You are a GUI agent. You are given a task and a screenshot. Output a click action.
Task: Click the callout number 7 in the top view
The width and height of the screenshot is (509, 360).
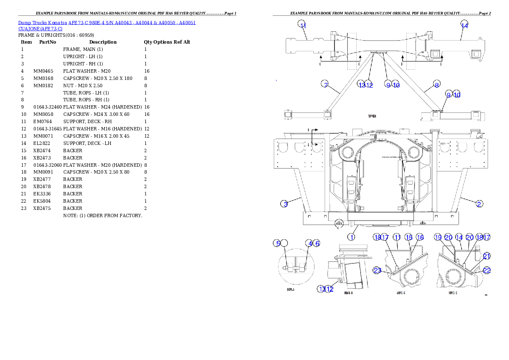(325, 84)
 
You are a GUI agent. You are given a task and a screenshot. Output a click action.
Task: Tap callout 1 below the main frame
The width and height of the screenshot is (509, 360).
(351, 236)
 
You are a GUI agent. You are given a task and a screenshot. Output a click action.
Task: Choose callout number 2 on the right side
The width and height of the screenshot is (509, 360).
(480, 204)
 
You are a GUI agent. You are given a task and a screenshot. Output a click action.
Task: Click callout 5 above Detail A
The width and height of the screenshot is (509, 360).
(277, 243)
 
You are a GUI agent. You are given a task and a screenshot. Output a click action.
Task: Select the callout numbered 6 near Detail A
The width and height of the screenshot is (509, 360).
(317, 243)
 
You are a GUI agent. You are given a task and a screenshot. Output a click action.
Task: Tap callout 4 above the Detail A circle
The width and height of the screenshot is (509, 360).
(309, 243)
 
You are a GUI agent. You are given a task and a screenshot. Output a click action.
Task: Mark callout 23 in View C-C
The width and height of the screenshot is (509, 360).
(377, 270)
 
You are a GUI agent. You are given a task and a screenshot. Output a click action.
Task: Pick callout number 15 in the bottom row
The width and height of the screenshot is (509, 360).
(409, 237)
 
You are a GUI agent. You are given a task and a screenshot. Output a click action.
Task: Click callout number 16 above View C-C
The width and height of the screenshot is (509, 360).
(420, 237)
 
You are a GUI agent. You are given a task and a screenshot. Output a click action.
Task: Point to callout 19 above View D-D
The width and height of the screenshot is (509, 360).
(438, 237)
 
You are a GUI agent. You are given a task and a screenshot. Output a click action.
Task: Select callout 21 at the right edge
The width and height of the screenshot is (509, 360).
(487, 256)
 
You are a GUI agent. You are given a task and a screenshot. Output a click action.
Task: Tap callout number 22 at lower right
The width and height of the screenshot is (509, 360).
(487, 270)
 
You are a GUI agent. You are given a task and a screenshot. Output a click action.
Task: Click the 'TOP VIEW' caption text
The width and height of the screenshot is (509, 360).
(372, 116)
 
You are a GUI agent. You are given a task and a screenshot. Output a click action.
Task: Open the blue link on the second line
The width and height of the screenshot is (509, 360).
(40, 29)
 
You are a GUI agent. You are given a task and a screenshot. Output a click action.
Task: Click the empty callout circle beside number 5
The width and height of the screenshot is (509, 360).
(285, 243)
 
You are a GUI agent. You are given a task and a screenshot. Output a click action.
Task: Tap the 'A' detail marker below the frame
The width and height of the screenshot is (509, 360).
(338, 227)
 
